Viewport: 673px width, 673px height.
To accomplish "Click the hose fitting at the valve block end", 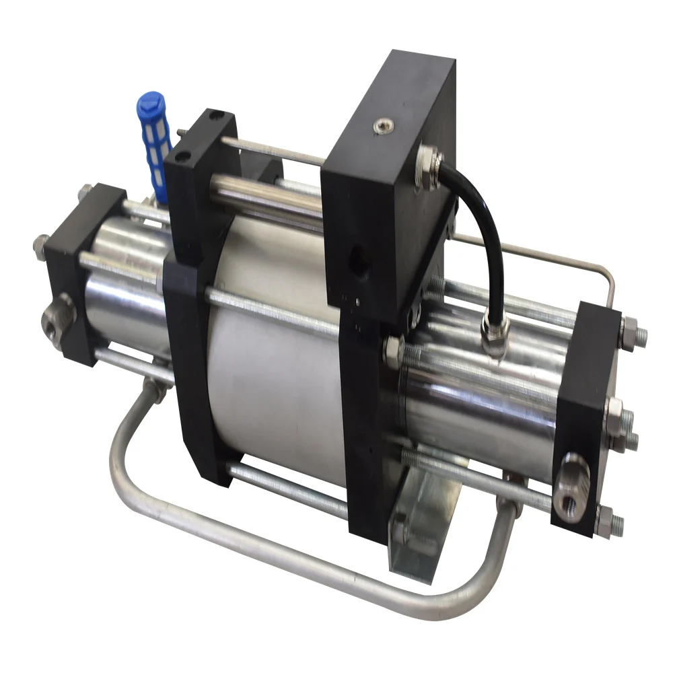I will click(x=429, y=160).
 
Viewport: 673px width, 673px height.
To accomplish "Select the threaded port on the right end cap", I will click(x=571, y=479).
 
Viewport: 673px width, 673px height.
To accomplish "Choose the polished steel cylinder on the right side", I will click(x=485, y=404).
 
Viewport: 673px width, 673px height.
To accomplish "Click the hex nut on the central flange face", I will click(x=393, y=350).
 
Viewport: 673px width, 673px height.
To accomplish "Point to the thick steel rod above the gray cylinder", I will click(x=269, y=192).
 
